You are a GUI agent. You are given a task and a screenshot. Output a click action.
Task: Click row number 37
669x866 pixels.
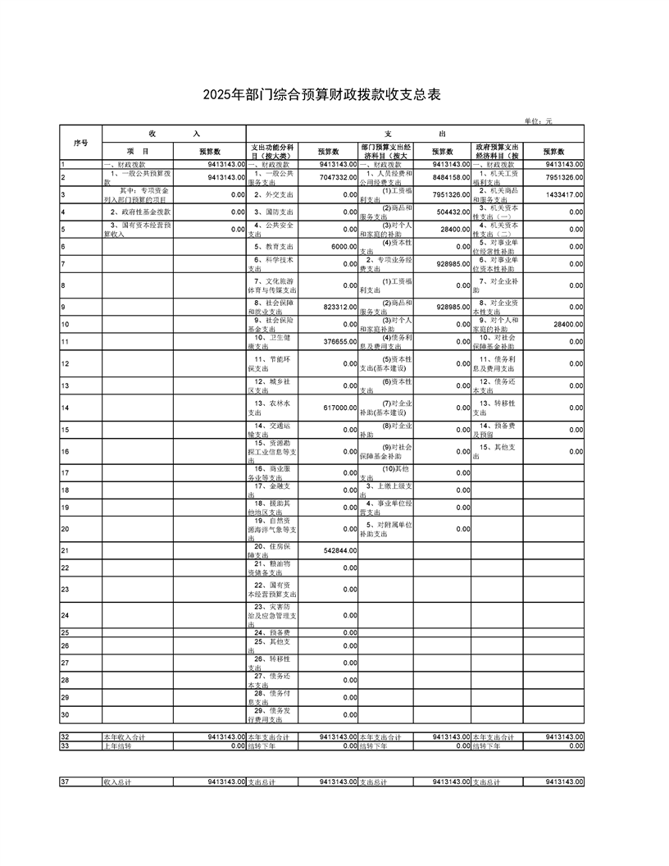[x=65, y=782]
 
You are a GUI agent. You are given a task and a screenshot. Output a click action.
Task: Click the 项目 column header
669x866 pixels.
[x=137, y=152]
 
